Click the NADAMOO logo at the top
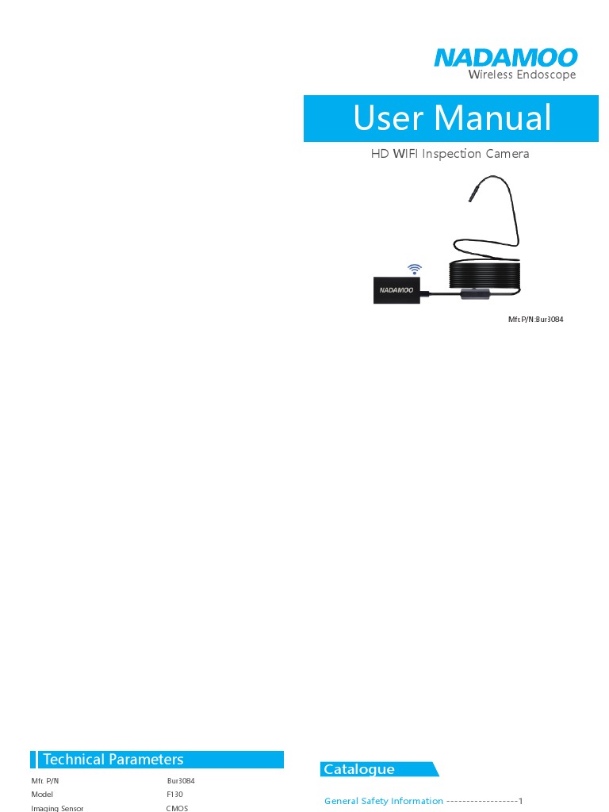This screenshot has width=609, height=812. [x=505, y=58]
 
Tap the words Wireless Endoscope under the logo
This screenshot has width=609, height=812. [x=522, y=75]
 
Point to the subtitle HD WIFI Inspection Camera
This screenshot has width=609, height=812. [x=450, y=154]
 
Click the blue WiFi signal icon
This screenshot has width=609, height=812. [x=415, y=270]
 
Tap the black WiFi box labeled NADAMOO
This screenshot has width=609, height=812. [x=396, y=290]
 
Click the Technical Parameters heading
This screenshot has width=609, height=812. [x=113, y=760]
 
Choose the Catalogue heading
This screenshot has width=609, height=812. [x=358, y=769]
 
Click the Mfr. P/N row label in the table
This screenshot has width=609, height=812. [x=45, y=781]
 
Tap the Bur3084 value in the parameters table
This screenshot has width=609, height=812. [x=181, y=781]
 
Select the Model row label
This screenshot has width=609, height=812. [x=43, y=794]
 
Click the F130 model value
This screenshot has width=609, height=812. [x=174, y=794]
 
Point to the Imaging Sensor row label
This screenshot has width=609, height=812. [x=57, y=807]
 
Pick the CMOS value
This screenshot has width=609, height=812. [x=177, y=807]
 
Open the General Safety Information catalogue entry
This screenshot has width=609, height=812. [x=384, y=801]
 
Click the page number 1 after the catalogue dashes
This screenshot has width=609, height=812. [x=521, y=801]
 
